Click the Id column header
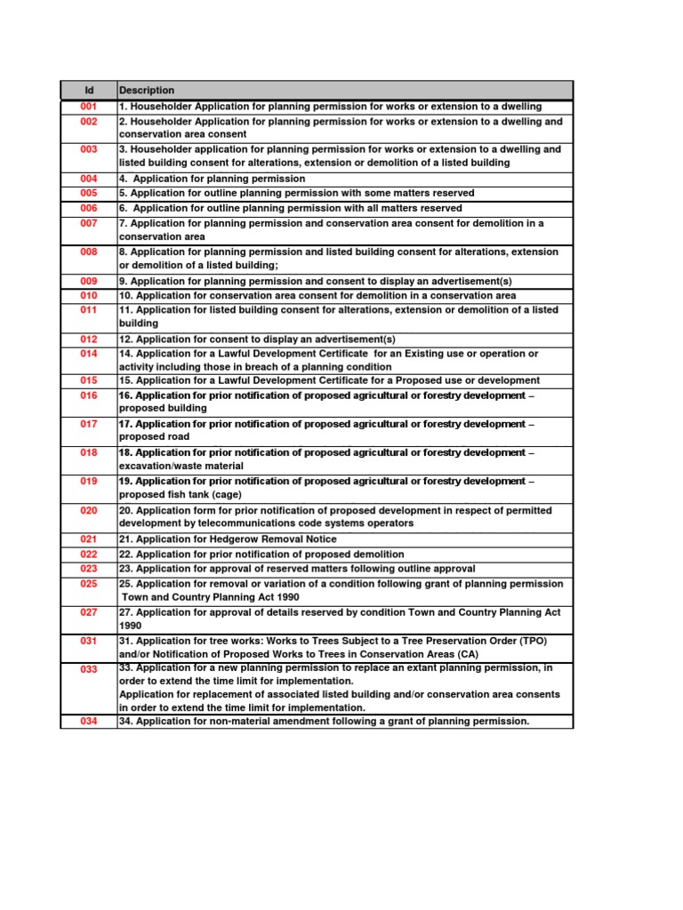pyautogui.click(x=88, y=90)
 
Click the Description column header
pyautogui.click(x=147, y=90)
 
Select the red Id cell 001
pyautogui.click(x=88, y=107)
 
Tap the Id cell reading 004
pyautogui.click(x=88, y=179)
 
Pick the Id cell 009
pyautogui.click(x=88, y=281)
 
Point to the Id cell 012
pyautogui.click(x=88, y=339)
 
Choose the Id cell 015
pyautogui.click(x=88, y=380)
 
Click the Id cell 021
pyautogui.click(x=88, y=539)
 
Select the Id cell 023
pyautogui.click(x=88, y=569)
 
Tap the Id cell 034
pyautogui.click(x=88, y=722)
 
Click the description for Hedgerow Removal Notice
pyautogui.click(x=228, y=539)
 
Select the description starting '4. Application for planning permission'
pyautogui.click(x=212, y=179)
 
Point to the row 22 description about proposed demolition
pyautogui.click(x=261, y=555)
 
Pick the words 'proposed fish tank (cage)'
pyautogui.click(x=176, y=495)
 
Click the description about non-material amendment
pyautogui.click(x=324, y=722)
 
